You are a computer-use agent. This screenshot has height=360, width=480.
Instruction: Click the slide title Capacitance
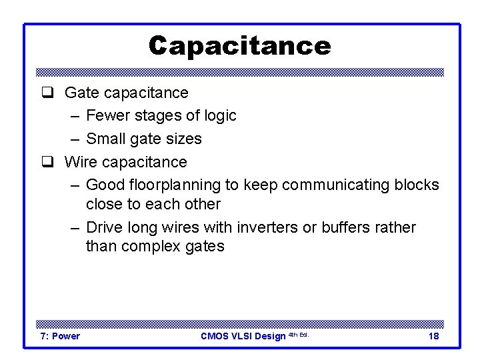tap(239, 45)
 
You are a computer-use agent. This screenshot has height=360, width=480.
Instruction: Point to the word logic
tap(220, 116)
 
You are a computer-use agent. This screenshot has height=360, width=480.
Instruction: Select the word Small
tap(107, 139)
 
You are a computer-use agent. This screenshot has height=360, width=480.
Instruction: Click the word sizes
tap(185, 139)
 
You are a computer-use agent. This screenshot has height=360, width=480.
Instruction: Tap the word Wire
tap(80, 162)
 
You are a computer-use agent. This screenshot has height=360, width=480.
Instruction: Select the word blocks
tap(418, 185)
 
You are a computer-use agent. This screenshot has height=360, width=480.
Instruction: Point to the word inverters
tap(266, 227)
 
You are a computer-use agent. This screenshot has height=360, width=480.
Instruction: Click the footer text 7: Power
tap(60, 336)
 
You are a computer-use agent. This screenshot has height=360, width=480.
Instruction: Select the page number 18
tap(433, 336)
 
